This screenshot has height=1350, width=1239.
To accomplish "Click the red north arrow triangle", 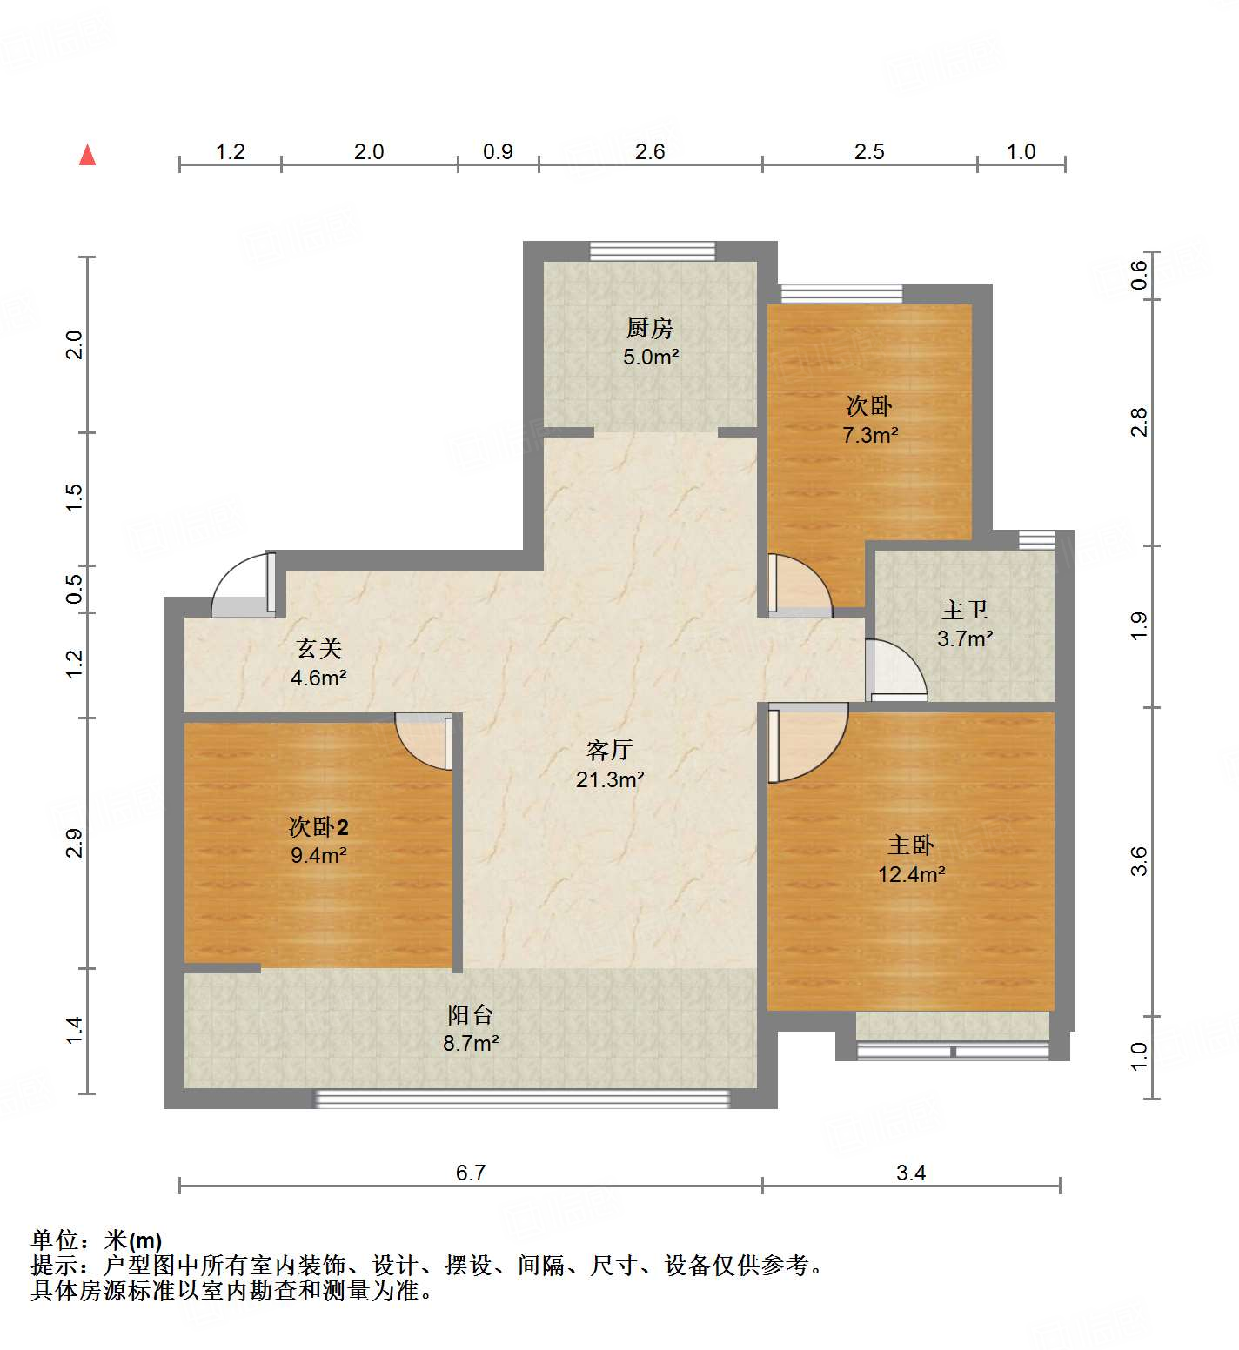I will point(87,156).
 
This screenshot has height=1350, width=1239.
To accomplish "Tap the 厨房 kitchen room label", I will point(649,328).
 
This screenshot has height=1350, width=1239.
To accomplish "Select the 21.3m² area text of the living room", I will point(609,779).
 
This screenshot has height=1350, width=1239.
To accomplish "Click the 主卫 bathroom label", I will point(964,610).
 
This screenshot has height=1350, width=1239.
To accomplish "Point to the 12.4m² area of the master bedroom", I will point(911,874).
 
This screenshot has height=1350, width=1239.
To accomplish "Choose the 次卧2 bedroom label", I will point(318,826).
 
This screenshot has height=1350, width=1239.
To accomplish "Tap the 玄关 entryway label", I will point(318,648).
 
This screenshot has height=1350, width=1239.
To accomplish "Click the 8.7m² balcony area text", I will point(470,1043).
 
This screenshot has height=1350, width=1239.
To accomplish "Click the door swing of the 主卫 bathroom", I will point(896,670).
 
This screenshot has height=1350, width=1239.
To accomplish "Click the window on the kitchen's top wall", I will point(652,251).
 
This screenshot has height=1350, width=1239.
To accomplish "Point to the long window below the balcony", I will point(522,1099).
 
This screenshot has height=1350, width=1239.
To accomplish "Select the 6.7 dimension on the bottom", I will point(470,1173).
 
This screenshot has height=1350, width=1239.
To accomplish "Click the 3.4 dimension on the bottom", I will point(911,1173).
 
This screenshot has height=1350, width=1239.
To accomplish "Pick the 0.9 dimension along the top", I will point(498,151).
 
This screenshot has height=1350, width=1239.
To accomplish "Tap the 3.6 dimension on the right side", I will point(1139,861).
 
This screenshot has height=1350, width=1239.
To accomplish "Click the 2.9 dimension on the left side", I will point(75,843).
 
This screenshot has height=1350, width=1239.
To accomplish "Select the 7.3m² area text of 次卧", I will point(869,435).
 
